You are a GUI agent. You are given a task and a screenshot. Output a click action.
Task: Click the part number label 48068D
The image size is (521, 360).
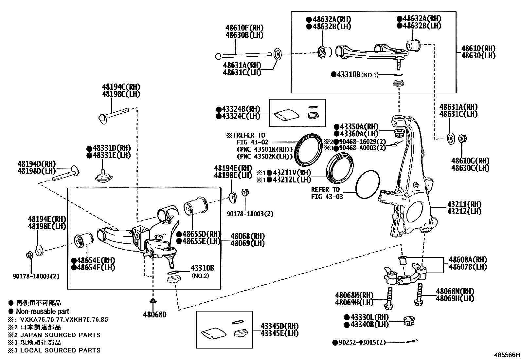(x=154, y=315)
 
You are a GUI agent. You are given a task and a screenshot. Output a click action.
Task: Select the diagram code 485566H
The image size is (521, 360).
(x=507, y=355)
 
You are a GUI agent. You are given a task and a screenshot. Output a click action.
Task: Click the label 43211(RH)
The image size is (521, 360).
(x=464, y=204)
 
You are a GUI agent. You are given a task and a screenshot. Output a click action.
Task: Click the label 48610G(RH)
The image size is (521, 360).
(x=470, y=161)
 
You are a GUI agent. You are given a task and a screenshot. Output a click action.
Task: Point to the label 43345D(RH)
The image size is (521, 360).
(x=279, y=326)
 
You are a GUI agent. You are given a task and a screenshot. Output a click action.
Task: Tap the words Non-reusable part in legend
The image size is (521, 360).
(x=43, y=311)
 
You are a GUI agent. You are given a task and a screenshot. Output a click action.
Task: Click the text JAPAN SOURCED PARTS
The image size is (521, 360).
(x=60, y=335)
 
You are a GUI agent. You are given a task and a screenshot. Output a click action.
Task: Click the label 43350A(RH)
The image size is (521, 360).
(x=356, y=127)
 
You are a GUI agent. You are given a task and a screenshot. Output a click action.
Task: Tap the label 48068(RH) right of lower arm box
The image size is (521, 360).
(x=247, y=236)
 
